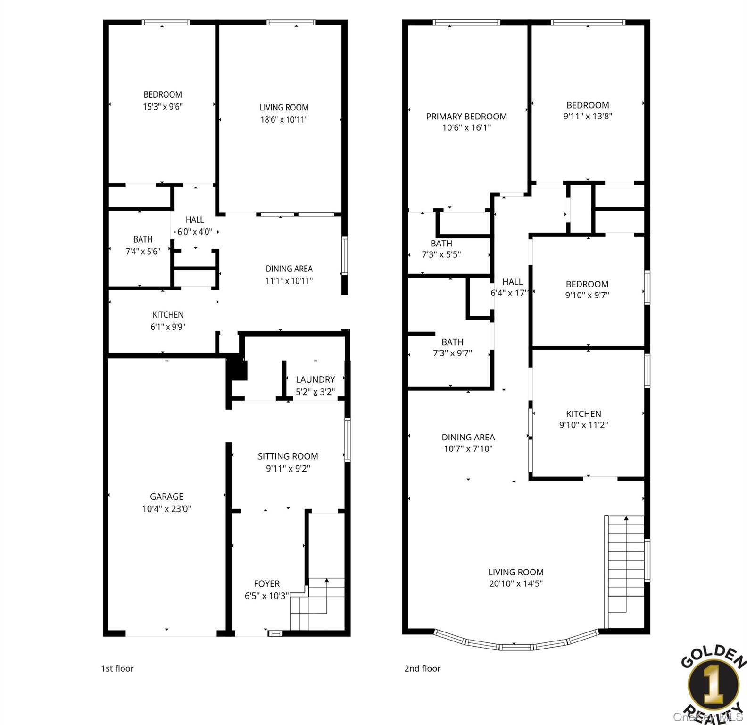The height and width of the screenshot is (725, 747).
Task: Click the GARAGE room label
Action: (x=166, y=497)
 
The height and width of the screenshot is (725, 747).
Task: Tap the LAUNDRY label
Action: (x=315, y=379)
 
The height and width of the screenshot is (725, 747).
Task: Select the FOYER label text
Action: (x=267, y=584)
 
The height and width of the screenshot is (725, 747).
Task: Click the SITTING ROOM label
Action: (x=288, y=456)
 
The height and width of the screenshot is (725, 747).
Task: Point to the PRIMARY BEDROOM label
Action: (x=466, y=117)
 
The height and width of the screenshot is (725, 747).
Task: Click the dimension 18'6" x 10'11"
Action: (x=284, y=120)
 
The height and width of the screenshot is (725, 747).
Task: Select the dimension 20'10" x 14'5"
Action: (x=516, y=583)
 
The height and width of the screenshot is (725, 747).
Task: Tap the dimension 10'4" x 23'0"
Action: (x=166, y=509)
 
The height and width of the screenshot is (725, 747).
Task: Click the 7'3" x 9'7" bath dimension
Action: (x=452, y=353)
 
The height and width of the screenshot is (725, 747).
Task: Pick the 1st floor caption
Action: (x=117, y=668)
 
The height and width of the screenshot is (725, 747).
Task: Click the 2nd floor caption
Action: (x=423, y=668)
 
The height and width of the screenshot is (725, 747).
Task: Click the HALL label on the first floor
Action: (x=195, y=220)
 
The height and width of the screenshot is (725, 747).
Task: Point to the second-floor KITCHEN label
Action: (x=584, y=414)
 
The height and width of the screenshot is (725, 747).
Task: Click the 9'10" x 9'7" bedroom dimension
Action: (x=587, y=295)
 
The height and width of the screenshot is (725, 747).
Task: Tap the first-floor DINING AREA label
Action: (x=289, y=269)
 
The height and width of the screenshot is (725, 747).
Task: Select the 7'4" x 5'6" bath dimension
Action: (x=143, y=252)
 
